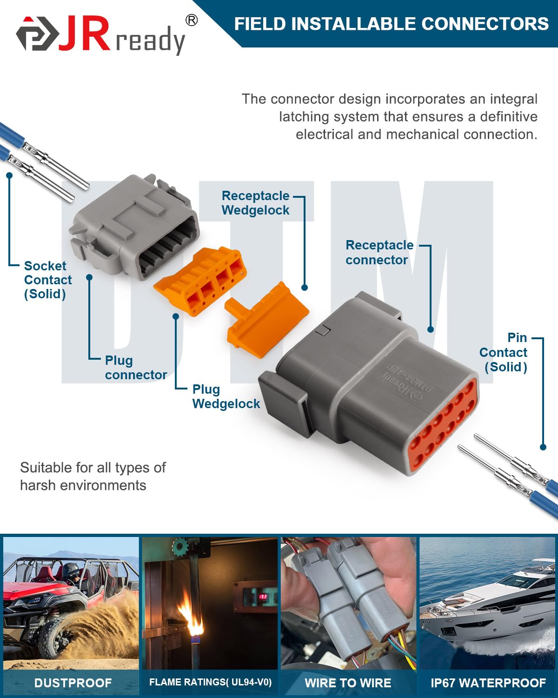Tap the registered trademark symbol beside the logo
191,20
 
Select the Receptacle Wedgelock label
255,203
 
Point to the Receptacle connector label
379,252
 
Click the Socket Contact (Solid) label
47,280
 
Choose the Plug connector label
135,368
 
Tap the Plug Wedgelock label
226,396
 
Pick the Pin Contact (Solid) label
504,352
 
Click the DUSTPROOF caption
73,683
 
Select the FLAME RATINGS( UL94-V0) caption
210,682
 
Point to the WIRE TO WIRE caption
348,683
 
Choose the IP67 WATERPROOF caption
488,683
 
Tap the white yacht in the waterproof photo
488,605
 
